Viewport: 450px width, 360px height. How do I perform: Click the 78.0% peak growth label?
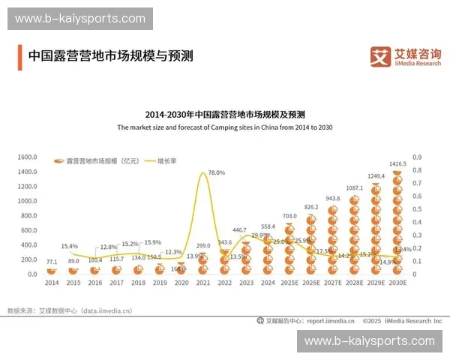pyautogui.click(x=216, y=172)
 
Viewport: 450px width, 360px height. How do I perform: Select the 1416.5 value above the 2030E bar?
pyautogui.click(x=398, y=163)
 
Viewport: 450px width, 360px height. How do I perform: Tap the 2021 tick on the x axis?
pyautogui.click(x=203, y=283)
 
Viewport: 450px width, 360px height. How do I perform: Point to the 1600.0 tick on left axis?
pyautogui.click(x=27, y=157)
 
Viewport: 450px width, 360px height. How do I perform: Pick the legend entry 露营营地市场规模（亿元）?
pyautogui.click(x=97, y=161)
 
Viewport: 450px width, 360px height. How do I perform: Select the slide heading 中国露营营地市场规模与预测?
pyautogui.click(x=110, y=55)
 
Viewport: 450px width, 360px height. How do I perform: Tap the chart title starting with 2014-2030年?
pyautogui.click(x=225, y=115)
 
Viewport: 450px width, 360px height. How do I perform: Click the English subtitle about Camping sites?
pyautogui.click(x=225, y=127)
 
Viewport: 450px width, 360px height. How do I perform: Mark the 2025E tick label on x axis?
pyautogui.click(x=289, y=283)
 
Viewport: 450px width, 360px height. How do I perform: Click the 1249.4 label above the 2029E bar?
pyautogui.click(x=376, y=176)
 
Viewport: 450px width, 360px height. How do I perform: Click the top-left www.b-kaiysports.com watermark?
pyautogui.click(x=80, y=19)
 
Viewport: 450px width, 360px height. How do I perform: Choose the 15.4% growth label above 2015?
pyautogui.click(x=70, y=246)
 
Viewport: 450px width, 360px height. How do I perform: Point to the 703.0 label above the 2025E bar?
pyautogui.click(x=289, y=216)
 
